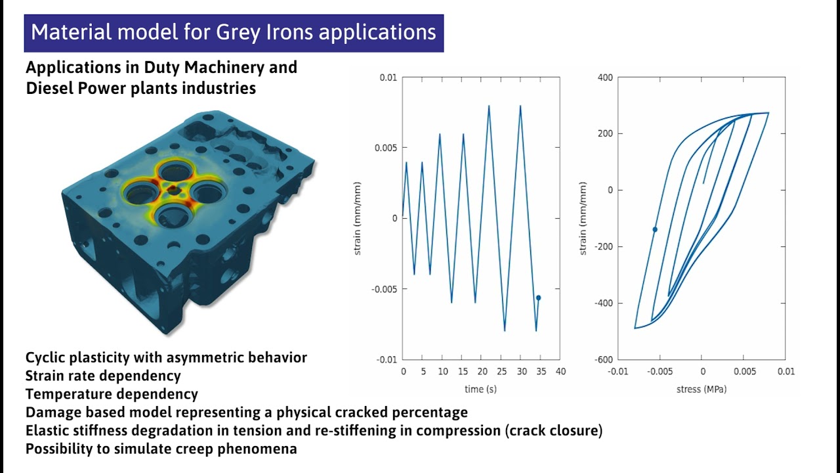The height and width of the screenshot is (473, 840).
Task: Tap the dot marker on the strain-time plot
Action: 538,298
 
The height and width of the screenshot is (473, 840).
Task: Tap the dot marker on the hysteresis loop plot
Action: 654,229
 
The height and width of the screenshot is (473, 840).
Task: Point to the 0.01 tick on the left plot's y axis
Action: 388,78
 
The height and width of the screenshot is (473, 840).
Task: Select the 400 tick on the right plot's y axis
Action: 605,78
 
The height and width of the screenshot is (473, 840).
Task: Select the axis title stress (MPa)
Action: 701,389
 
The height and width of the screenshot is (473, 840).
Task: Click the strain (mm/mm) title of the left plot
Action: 358,219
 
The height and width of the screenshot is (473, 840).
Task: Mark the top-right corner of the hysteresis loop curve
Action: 768,113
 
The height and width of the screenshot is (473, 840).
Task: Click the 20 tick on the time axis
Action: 481,372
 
